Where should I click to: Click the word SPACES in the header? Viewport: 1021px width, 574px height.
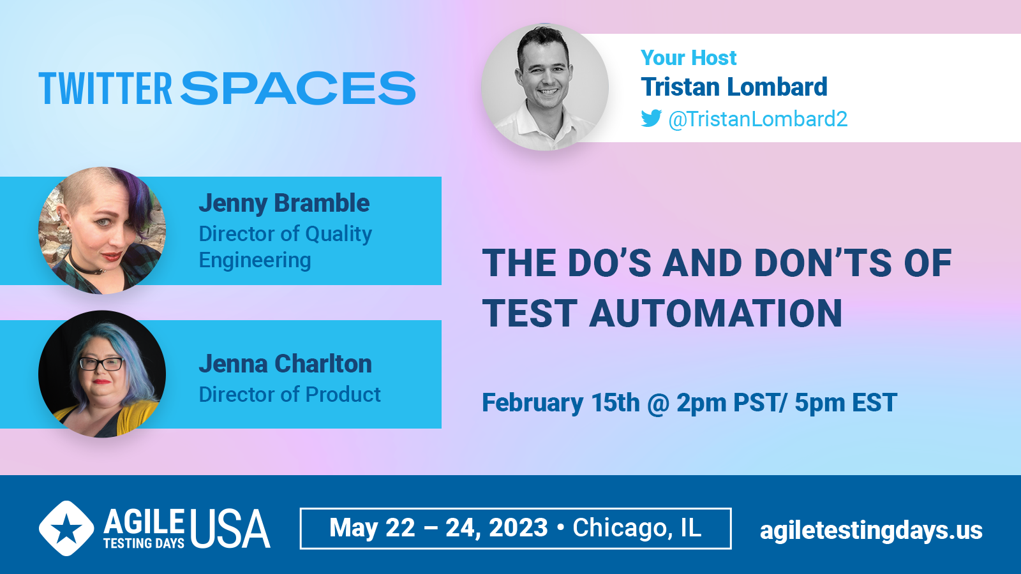[298, 88]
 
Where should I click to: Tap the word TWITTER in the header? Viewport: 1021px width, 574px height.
[105, 88]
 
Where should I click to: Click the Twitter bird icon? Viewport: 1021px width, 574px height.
[652, 119]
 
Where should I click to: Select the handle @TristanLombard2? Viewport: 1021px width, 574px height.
[757, 119]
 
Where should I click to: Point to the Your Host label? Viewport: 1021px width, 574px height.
[689, 58]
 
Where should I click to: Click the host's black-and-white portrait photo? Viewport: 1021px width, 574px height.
[545, 87]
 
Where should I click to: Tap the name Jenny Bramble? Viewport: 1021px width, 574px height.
[284, 203]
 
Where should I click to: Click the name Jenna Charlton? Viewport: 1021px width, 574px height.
[285, 364]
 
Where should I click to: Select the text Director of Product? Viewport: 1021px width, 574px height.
[290, 395]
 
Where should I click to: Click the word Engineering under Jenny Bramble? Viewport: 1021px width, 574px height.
[255, 261]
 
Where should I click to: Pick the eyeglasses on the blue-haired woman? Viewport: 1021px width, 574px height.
[101, 364]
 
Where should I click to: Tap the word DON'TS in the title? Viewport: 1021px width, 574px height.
[822, 263]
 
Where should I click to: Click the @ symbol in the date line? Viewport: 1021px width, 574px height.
[658, 403]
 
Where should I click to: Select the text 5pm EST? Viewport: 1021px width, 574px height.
[846, 402]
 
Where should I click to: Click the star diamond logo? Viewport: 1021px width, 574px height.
[66, 529]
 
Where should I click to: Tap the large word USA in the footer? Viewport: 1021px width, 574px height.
[230, 529]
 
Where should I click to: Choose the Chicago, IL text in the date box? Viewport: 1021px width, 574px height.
[637, 528]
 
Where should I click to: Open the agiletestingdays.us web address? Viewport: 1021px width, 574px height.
[871, 531]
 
